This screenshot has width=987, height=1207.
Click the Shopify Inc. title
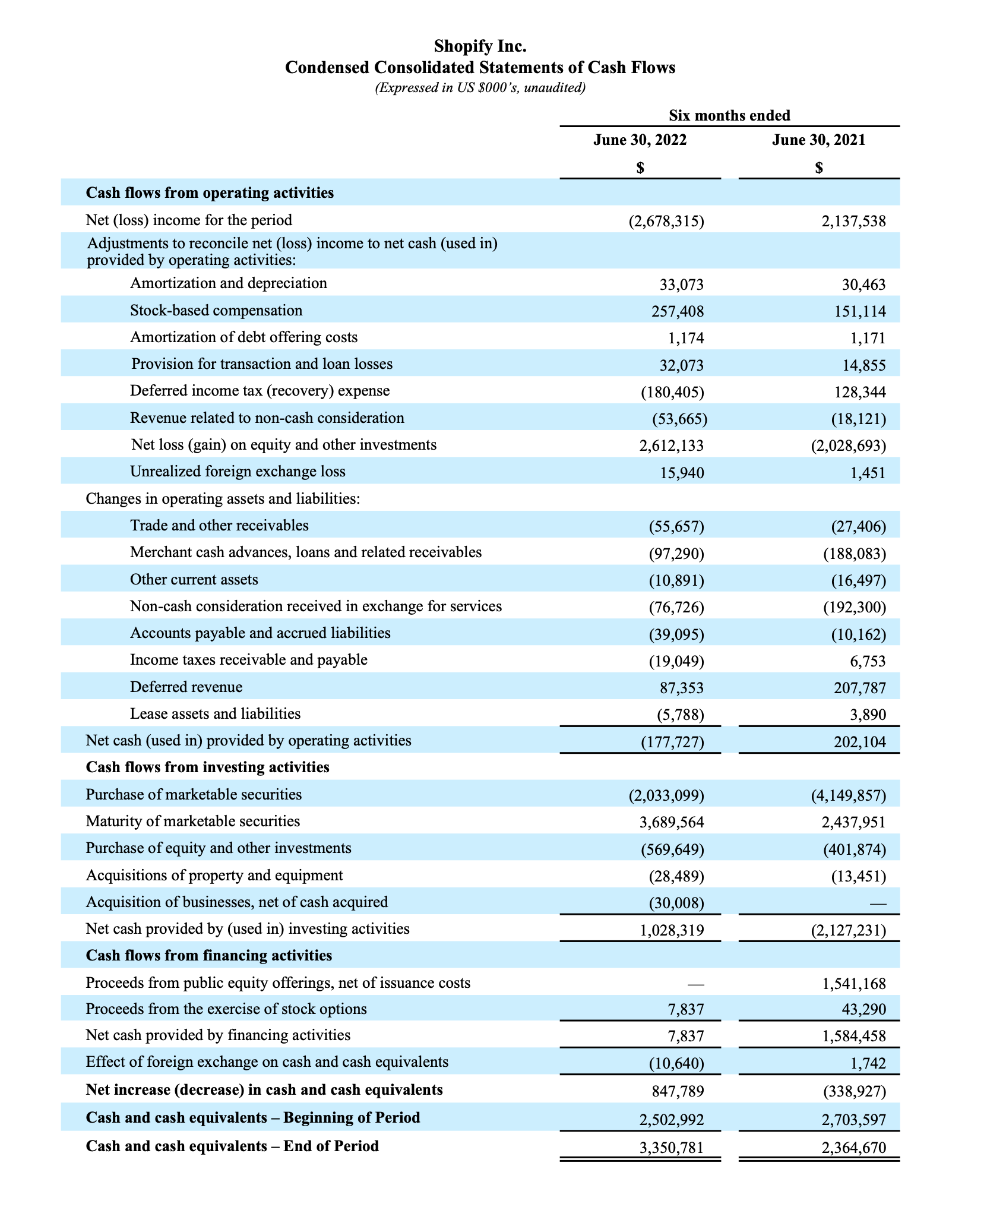[480, 46]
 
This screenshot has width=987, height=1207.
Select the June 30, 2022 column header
[640, 140]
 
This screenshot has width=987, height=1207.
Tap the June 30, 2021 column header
[819, 140]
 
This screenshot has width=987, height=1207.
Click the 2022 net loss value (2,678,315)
[666, 222]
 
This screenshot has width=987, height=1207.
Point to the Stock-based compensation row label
[216, 311]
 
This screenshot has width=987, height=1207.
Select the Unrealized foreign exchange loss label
[238, 472]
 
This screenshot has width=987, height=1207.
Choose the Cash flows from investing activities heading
[207, 767]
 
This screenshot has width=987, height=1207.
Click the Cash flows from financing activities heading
[208, 956]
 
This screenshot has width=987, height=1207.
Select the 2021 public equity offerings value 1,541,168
[854, 984]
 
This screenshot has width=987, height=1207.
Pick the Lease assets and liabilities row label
[215, 713]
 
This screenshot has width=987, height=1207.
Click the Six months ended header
[729, 115]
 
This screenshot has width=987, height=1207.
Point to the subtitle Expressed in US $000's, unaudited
[480, 88]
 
